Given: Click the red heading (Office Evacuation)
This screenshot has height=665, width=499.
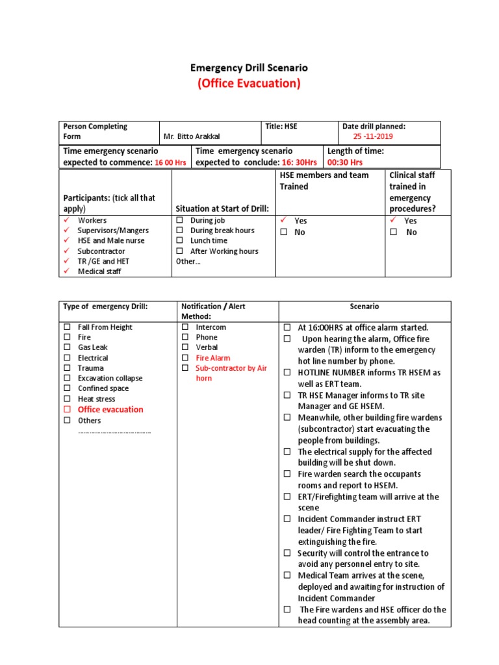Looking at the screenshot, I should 249,84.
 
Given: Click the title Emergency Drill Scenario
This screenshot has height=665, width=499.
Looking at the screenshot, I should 249,68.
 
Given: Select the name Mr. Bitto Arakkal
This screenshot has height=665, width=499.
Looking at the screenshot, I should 192,136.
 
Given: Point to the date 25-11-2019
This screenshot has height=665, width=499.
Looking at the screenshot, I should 373,136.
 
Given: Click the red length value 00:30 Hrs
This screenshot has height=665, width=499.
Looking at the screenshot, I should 345,162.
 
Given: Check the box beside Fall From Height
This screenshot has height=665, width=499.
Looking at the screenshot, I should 67,327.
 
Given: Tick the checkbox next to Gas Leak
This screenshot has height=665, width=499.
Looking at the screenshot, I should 67,347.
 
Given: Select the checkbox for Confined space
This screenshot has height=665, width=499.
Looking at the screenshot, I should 67,388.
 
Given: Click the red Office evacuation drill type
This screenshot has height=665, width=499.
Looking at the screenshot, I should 110,410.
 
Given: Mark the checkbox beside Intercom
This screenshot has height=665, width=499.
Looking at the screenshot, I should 185,327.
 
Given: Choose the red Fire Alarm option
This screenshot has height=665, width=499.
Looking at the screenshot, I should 213,358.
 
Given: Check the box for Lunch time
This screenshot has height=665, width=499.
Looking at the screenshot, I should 180,241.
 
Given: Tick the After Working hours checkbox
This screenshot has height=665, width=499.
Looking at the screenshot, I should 180,251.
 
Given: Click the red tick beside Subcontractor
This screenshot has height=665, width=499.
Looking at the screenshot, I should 66,251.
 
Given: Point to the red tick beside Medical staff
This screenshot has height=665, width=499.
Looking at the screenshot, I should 66,271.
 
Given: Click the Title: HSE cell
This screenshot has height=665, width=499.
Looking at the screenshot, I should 281,127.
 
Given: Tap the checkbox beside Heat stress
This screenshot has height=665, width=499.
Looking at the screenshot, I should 67,399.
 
